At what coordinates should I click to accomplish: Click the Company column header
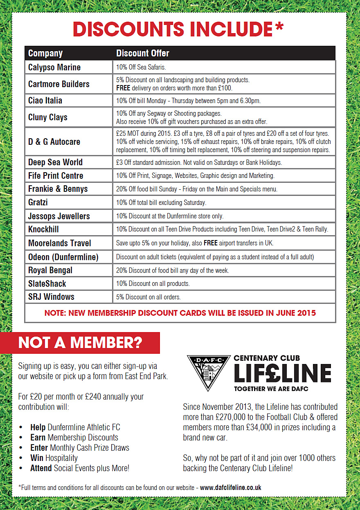(x=45, y=53)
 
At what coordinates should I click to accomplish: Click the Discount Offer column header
(x=142, y=53)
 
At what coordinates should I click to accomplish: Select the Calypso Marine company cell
(x=54, y=67)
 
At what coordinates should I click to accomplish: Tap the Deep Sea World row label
(x=55, y=162)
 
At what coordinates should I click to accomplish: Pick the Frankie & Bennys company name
(x=58, y=189)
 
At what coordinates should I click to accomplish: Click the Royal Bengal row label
(x=50, y=270)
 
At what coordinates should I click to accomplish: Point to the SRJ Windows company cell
(x=51, y=297)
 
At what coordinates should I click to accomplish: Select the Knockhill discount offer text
(x=222, y=229)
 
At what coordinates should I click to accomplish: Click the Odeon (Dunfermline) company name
(x=63, y=257)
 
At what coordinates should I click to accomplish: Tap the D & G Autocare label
(x=54, y=142)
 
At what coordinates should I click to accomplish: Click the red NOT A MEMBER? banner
(x=80, y=343)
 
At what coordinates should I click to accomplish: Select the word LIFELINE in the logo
(x=282, y=373)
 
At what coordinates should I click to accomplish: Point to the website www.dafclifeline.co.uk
(x=230, y=488)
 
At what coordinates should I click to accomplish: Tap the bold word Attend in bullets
(x=41, y=468)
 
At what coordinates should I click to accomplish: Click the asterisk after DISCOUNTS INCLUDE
(x=279, y=27)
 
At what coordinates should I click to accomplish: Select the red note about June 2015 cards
(x=180, y=313)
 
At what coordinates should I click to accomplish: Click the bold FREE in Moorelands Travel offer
(x=210, y=243)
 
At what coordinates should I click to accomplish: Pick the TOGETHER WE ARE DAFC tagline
(x=271, y=389)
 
